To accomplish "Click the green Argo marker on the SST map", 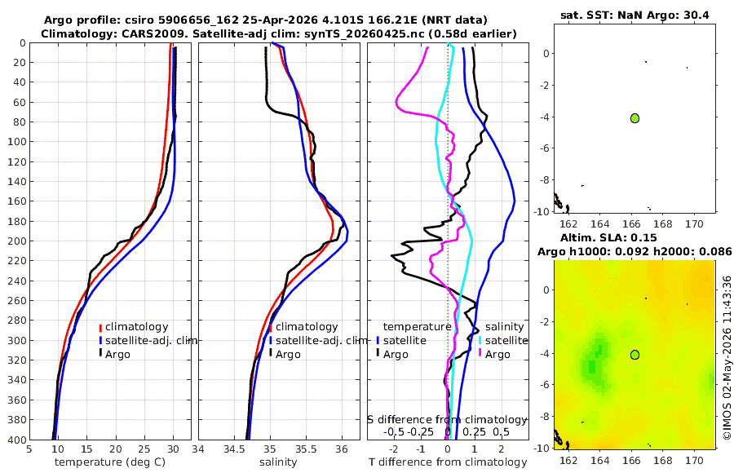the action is pos(635,118).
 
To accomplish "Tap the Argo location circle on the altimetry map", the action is pos(635,355).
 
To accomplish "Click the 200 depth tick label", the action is pos(15,241).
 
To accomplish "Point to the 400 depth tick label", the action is pos(15,440).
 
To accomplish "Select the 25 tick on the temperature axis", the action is pos(144,449).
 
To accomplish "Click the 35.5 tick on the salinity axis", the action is pos(306,449).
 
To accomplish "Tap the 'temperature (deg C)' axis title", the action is pos(110,462).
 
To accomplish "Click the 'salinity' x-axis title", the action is pos(278,462).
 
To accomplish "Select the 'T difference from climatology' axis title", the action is pos(448,462).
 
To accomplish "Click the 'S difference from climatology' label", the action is pos(447,419).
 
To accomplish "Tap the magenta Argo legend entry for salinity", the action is pos(495,354).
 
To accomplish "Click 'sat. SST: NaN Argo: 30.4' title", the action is pos(635,15).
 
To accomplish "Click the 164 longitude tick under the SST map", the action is pos(599,223).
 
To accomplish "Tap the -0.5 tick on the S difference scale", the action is pos(394,431).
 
